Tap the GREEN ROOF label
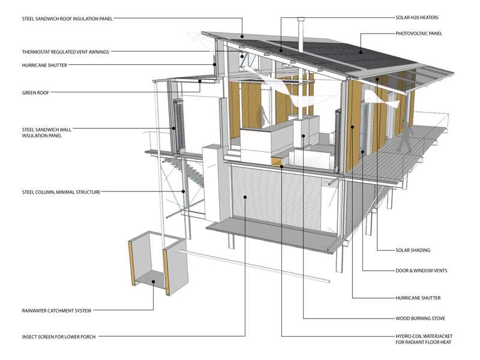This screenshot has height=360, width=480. click(36, 92)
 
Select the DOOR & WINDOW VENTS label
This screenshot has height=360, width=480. click(421, 271)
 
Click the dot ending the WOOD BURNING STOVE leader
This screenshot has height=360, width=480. click(304, 136)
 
